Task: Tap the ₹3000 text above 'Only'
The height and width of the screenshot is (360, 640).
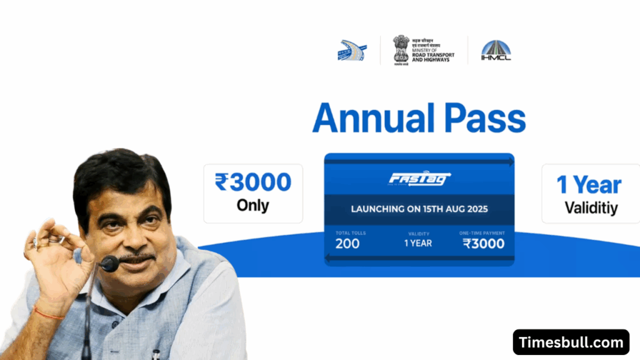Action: click(x=253, y=182)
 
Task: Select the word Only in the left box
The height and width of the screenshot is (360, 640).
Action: click(x=253, y=205)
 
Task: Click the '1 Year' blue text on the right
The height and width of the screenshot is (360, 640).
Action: click(x=589, y=186)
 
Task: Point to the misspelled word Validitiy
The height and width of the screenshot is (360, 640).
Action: click(x=591, y=208)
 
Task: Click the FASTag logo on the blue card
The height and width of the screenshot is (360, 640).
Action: click(x=419, y=179)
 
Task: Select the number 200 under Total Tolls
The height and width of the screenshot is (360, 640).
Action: click(x=347, y=244)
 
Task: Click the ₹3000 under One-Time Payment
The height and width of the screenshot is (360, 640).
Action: click(x=484, y=244)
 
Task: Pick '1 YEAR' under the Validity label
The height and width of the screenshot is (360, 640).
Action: click(x=418, y=243)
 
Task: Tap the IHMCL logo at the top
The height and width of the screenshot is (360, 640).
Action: click(x=496, y=50)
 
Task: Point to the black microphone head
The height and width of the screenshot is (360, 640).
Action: click(x=109, y=264)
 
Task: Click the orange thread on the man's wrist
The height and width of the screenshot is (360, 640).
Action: click(x=49, y=313)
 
